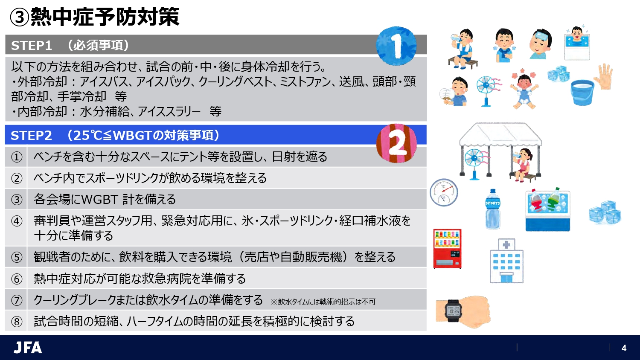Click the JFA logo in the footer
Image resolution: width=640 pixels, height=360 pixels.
[x=28, y=348]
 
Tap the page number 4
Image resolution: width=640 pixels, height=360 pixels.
[x=624, y=348]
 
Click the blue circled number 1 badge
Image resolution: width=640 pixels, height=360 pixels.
[x=396, y=46]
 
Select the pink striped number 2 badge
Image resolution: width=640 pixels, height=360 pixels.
[x=396, y=143]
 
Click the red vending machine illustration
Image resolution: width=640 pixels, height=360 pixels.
[x=447, y=249]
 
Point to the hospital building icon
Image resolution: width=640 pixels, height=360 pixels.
[x=506, y=261]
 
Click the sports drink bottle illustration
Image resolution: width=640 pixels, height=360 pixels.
[x=492, y=209]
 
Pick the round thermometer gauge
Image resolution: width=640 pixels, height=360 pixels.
[x=444, y=193]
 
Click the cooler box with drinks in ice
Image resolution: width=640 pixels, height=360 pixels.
[x=548, y=210]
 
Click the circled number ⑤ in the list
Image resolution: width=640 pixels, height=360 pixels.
[x=16, y=257]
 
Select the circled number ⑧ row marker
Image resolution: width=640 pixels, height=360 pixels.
[x=16, y=321]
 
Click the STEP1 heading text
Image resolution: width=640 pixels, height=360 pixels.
[x=31, y=45]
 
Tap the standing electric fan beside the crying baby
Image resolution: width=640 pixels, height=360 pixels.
[x=486, y=90]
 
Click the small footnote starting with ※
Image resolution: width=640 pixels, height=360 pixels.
[x=323, y=302]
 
